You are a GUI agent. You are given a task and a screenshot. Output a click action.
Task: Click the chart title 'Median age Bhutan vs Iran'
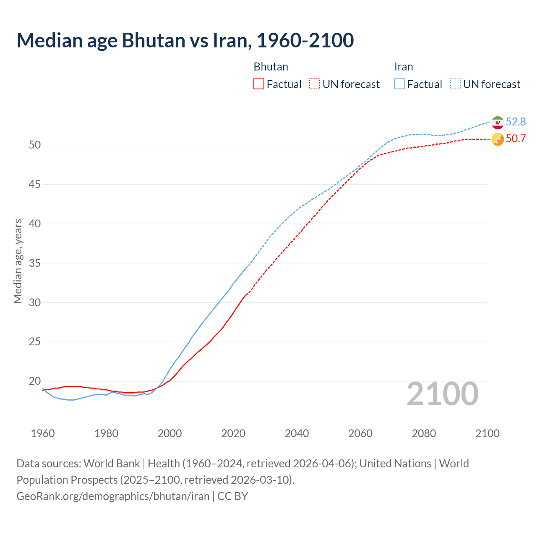pos(185,40)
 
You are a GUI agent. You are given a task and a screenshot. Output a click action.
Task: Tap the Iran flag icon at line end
pos(498,122)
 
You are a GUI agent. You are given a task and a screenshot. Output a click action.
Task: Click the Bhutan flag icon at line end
pos(498,139)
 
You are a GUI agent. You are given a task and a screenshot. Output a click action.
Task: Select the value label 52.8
pos(516,122)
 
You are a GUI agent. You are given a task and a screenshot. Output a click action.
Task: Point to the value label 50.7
pos(516,139)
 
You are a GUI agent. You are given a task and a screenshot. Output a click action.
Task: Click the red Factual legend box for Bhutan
pos(259,84)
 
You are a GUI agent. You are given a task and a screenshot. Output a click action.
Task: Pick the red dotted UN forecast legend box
pos(315,84)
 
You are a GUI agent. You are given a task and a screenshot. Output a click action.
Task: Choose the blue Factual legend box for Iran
pos(400,84)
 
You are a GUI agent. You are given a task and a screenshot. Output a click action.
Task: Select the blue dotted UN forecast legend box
pos(456,84)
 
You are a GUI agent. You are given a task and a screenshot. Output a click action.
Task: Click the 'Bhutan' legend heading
pos(271,67)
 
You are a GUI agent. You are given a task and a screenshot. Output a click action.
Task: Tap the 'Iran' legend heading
pos(404,67)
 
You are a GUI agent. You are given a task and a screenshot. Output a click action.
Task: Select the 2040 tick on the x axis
pos(297,433)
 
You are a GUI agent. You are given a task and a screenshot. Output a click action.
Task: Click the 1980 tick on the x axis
pos(106,433)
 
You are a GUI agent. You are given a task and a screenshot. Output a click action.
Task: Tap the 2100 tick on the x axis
pos(487,433)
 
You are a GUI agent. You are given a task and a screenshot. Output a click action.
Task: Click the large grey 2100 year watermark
pos(443,394)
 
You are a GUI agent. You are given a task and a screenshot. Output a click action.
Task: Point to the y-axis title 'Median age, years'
pos(18,261)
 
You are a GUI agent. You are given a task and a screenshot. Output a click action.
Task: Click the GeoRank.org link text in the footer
pos(113,496)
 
